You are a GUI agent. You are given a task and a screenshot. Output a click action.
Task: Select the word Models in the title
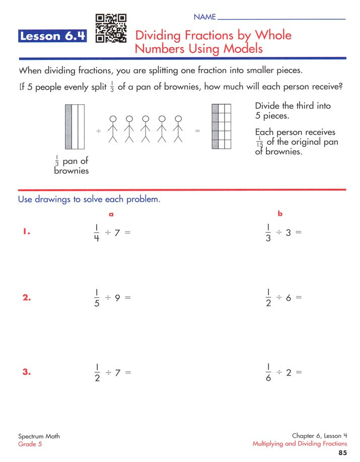(239, 49)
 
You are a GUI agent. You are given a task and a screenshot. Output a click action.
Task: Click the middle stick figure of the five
(146, 129)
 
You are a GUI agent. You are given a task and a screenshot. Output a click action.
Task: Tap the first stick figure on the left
(114, 129)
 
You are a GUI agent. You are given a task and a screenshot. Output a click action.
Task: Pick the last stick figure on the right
(178, 129)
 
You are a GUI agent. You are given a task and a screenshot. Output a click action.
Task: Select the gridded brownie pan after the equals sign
(221, 127)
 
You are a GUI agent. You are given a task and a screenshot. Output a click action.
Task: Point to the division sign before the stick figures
(99, 131)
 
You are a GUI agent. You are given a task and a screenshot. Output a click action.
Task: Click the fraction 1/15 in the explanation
(259, 142)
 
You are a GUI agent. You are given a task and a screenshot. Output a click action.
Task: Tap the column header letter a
(111, 214)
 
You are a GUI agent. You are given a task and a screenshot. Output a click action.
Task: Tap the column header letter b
(280, 214)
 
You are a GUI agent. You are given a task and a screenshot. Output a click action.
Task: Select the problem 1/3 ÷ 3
(283, 233)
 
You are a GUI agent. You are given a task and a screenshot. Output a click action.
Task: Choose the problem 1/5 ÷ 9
(112, 297)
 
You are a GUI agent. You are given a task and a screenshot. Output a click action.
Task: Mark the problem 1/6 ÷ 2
(283, 372)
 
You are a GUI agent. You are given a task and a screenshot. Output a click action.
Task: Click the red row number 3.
(27, 372)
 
